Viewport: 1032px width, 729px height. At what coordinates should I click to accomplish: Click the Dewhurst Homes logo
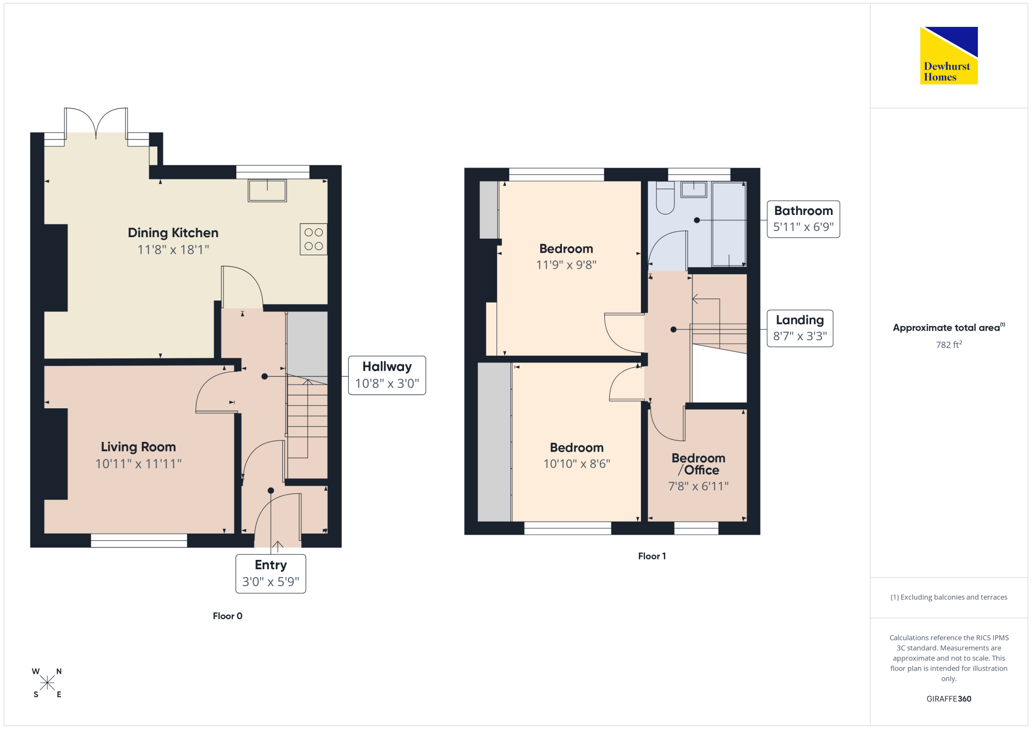click(x=949, y=55)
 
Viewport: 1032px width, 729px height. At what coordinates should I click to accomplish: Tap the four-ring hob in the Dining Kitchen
click(x=314, y=239)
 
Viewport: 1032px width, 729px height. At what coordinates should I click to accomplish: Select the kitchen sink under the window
click(x=267, y=191)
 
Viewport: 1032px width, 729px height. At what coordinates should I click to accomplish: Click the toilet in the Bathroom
click(x=666, y=197)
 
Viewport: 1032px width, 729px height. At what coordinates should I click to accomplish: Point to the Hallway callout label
click(x=387, y=375)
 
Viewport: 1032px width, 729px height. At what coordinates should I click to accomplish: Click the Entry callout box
click(x=271, y=574)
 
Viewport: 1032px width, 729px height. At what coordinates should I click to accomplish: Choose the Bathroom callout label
click(x=803, y=219)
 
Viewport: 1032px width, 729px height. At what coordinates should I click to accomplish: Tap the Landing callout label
click(x=800, y=328)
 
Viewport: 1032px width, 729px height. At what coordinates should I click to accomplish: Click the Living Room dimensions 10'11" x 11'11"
click(x=138, y=464)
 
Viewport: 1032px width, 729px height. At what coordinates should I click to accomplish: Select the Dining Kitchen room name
click(x=173, y=233)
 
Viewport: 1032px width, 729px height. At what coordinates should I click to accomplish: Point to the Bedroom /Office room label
click(x=699, y=464)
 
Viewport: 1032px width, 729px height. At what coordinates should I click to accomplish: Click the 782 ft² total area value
click(x=949, y=344)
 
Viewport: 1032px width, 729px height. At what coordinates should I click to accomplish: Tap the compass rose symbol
click(x=47, y=683)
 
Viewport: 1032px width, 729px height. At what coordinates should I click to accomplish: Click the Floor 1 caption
click(x=652, y=556)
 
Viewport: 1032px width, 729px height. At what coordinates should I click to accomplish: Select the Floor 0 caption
click(x=228, y=616)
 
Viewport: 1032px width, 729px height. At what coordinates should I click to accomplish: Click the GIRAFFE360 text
click(x=949, y=699)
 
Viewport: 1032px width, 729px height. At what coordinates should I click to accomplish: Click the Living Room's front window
click(x=139, y=540)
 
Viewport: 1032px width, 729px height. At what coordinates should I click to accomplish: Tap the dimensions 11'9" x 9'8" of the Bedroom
click(x=566, y=265)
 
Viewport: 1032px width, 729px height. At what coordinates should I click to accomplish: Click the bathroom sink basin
click(x=694, y=189)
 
